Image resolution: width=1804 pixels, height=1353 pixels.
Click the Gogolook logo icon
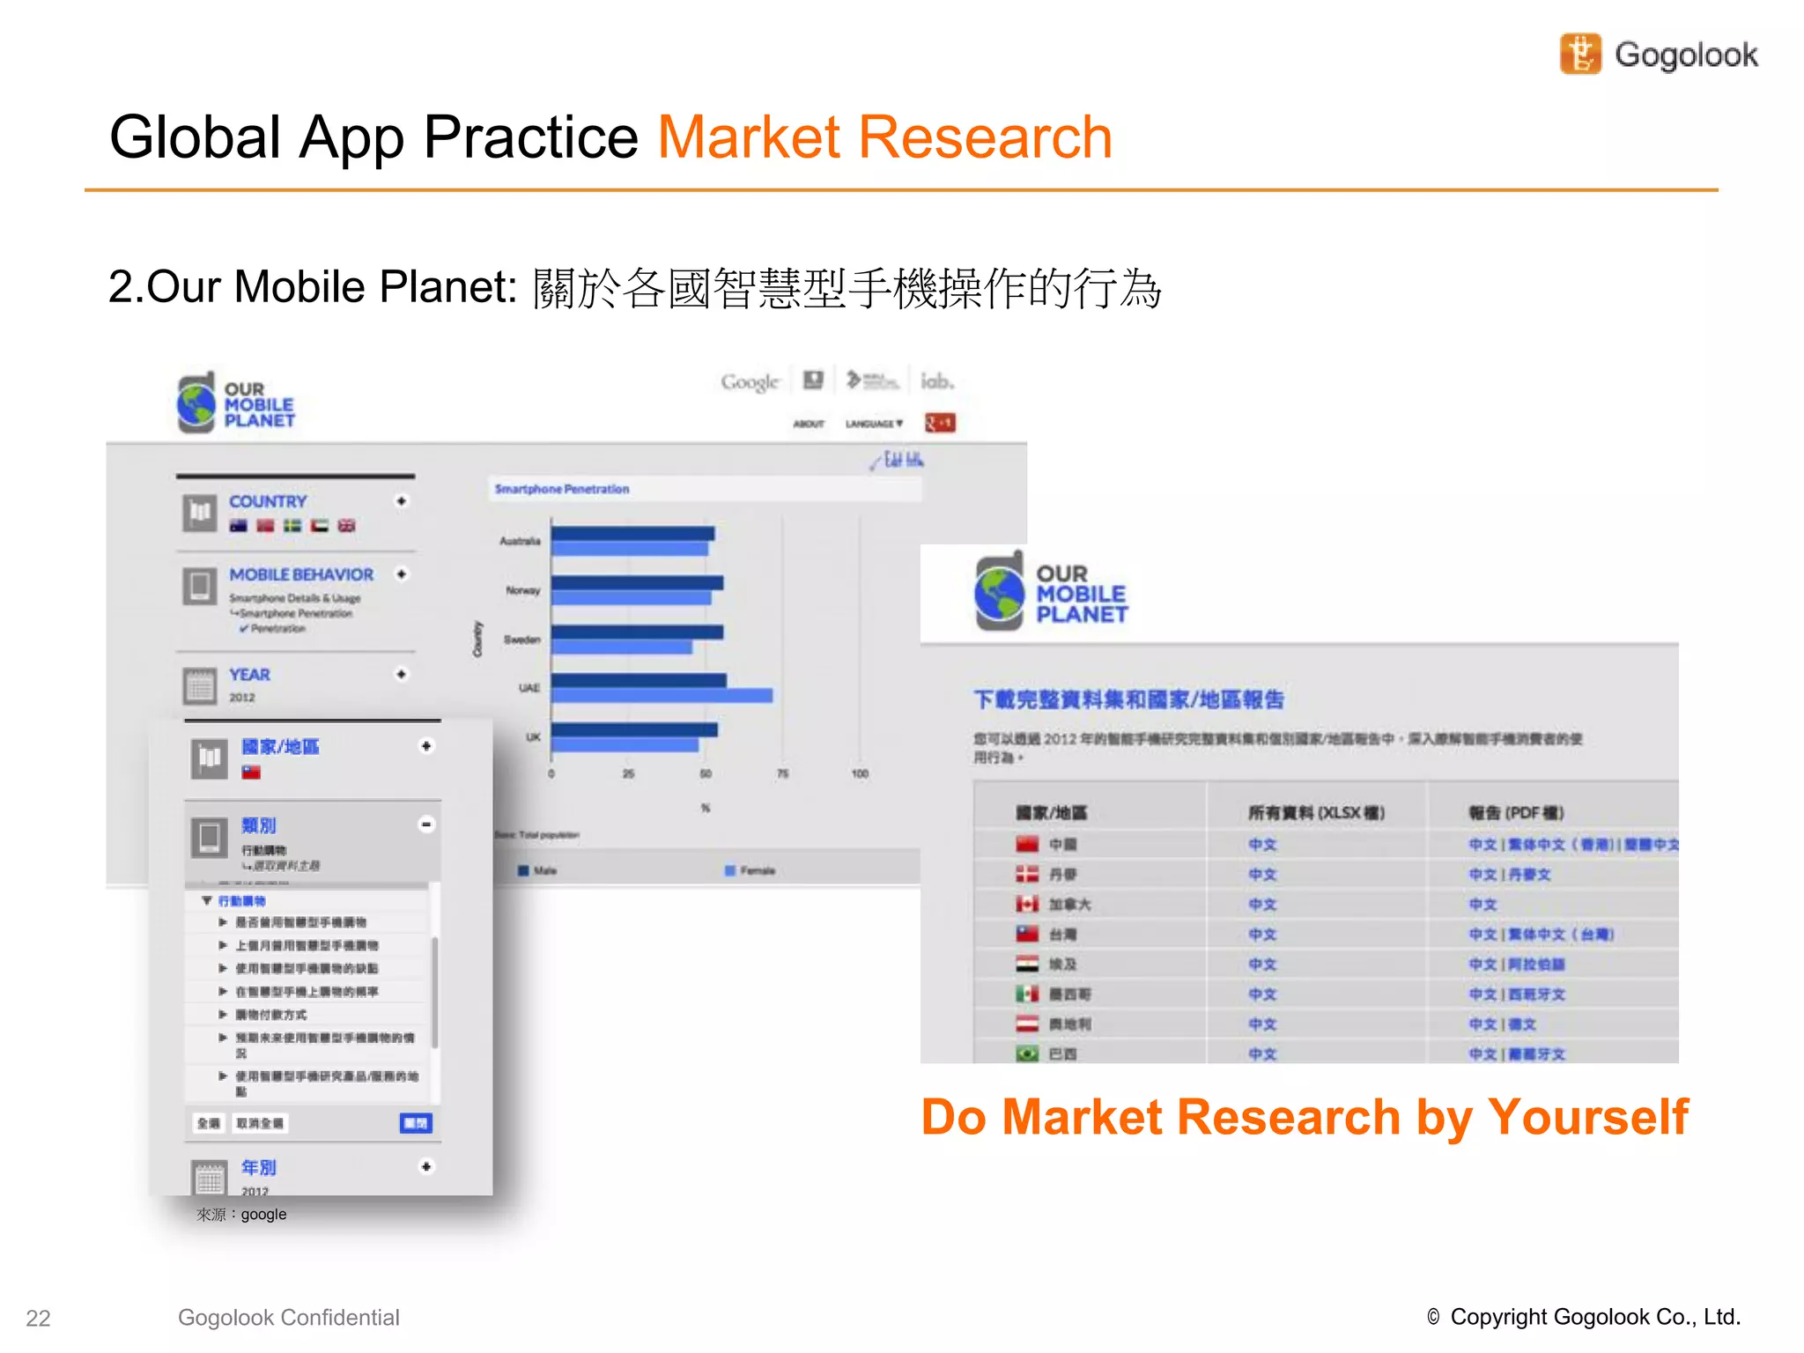pos(1580,54)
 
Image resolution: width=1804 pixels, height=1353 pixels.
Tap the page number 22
pos(38,1318)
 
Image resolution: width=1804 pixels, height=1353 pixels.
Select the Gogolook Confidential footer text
pos(288,1317)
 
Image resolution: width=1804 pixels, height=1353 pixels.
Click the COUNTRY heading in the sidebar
pos(268,501)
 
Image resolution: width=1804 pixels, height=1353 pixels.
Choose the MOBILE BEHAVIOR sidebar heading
pos(301,574)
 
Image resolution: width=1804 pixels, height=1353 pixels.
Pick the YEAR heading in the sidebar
pos(249,675)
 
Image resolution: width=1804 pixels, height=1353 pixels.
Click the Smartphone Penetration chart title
pos(562,489)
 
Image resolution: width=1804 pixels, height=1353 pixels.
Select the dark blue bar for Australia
pos(632,534)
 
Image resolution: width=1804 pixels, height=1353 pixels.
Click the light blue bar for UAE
pos(662,696)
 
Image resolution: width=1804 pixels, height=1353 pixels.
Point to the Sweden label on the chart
pos(521,640)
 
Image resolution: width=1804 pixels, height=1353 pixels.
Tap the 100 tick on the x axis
pos(860,773)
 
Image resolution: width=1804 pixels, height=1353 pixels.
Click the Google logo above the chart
pos(750,382)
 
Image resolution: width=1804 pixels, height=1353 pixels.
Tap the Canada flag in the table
pos(1027,905)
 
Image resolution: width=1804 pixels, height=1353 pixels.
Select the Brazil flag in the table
pos(1027,1054)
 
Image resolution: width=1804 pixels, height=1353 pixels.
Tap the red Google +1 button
pos(939,423)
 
